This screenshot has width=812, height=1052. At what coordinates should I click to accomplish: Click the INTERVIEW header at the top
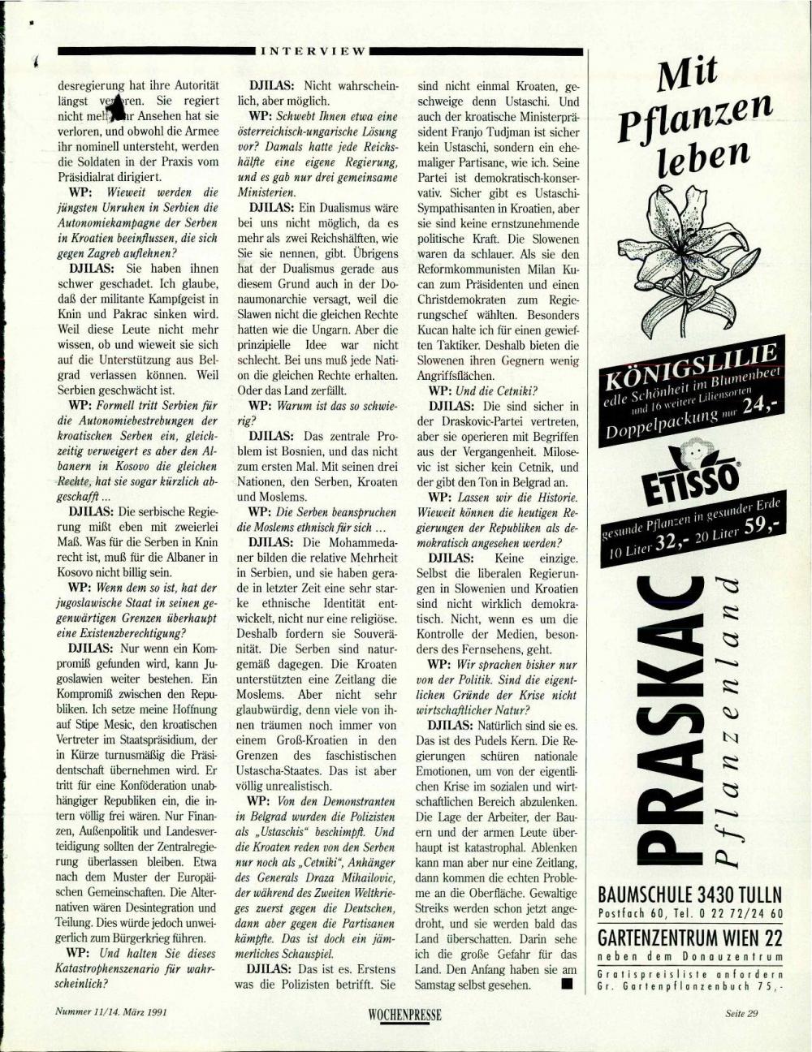[x=313, y=50]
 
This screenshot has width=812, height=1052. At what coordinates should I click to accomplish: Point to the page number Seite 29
[x=741, y=1013]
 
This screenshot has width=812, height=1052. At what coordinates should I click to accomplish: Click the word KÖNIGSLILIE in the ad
[x=690, y=363]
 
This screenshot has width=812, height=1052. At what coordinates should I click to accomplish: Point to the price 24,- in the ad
[x=760, y=403]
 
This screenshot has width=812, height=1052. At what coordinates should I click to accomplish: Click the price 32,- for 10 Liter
[x=672, y=541]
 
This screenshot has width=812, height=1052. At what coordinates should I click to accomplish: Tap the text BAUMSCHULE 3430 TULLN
[x=690, y=895]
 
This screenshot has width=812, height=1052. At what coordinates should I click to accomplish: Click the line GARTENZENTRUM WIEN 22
[x=690, y=938]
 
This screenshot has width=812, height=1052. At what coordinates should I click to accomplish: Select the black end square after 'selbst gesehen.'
[x=566, y=985]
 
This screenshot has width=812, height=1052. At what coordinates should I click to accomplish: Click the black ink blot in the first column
[x=116, y=107]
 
